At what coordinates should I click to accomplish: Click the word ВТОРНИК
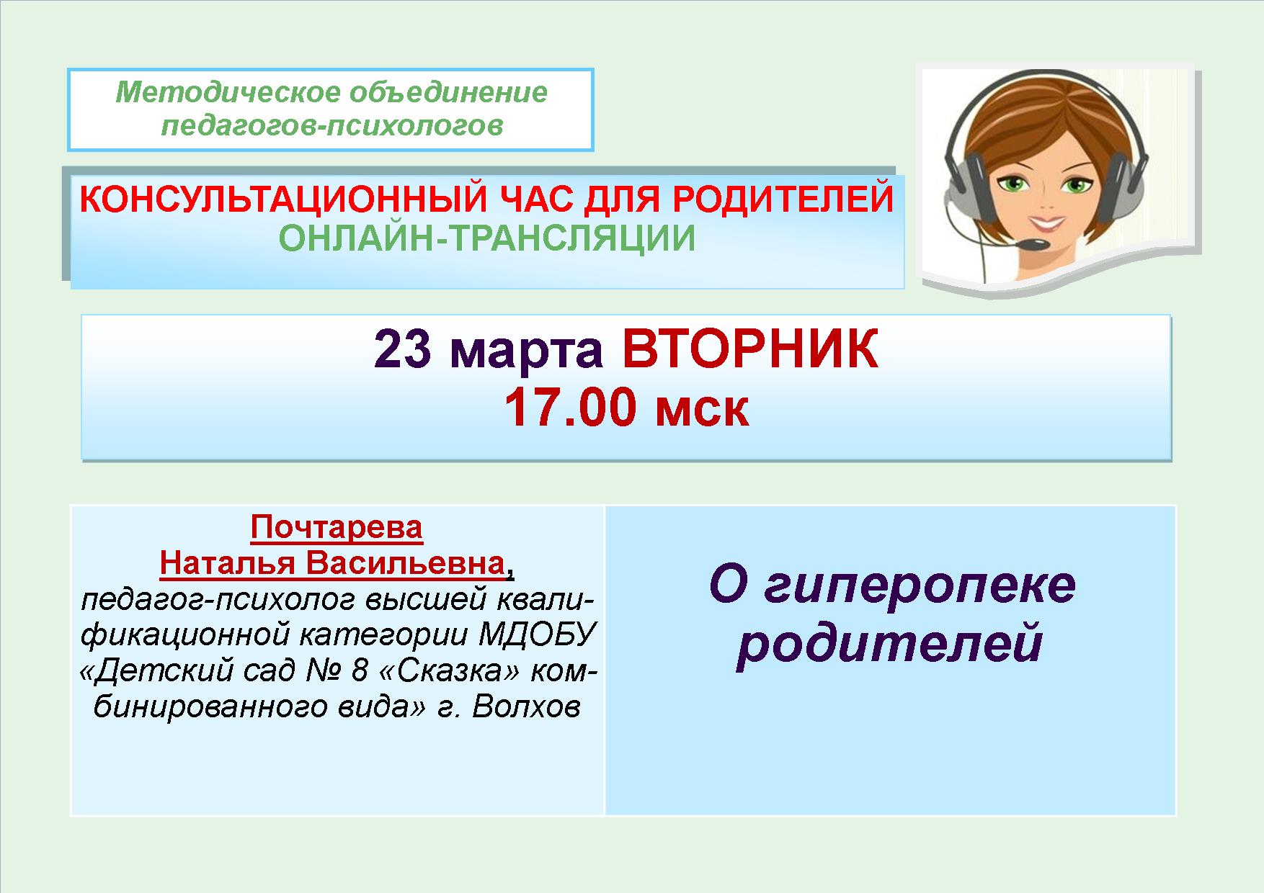point(750,350)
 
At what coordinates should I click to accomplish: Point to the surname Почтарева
point(337,527)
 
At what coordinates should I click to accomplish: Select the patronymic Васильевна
point(405,563)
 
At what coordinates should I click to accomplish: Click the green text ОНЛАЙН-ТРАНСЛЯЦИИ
point(487,239)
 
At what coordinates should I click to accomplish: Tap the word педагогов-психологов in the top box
point(331,126)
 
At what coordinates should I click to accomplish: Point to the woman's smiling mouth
point(1050,215)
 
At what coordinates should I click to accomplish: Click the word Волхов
point(526,707)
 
